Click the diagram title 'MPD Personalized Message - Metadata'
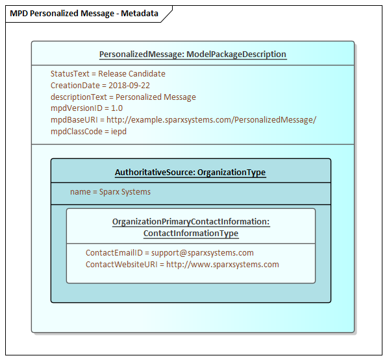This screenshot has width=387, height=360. click(x=84, y=14)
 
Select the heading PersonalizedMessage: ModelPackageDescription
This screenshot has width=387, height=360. click(x=192, y=54)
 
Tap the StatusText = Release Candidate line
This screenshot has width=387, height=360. click(x=108, y=74)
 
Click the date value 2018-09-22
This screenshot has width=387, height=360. click(x=129, y=86)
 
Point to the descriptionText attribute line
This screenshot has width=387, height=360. click(x=123, y=97)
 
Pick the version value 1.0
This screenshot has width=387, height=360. click(x=117, y=108)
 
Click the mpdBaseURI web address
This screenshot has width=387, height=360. click(x=211, y=120)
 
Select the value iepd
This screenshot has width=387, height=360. click(x=118, y=132)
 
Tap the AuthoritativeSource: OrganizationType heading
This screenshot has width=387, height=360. click(x=190, y=172)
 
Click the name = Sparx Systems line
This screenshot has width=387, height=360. click(x=110, y=192)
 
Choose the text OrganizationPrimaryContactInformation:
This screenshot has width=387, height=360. click(x=191, y=222)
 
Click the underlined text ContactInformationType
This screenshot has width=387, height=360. click(x=191, y=234)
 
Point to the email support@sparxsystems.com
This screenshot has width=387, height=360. click(x=203, y=253)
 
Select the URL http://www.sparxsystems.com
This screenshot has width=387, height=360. click(x=223, y=265)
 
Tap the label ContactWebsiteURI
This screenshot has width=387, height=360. click(x=121, y=265)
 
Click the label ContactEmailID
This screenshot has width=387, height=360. click(x=114, y=253)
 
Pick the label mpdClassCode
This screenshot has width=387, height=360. click(x=76, y=132)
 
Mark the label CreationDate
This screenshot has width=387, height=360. click(x=75, y=86)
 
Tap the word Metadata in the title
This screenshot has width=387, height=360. click(x=140, y=14)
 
